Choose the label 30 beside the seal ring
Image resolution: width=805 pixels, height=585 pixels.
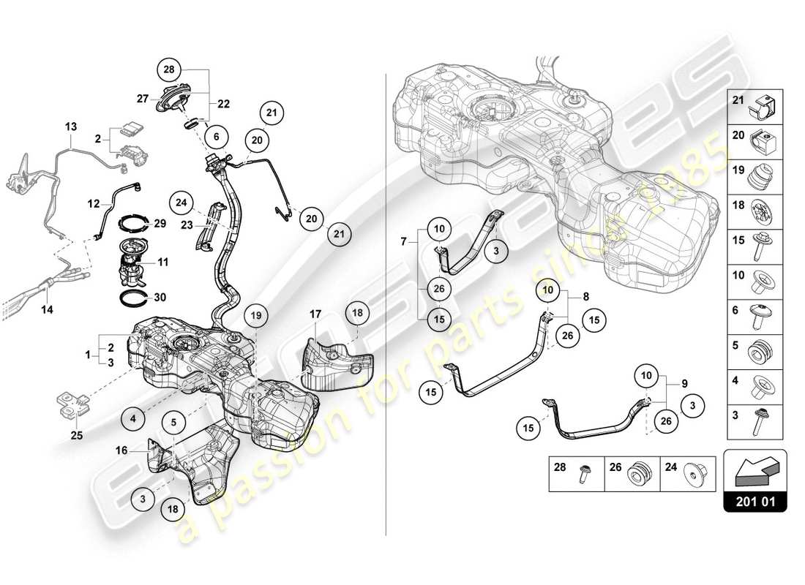click(x=160, y=297)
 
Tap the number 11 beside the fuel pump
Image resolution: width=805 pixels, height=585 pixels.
click(x=162, y=260)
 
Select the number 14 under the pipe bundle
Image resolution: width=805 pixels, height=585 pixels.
click(x=48, y=309)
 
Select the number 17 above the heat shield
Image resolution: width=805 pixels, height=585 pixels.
click(x=315, y=314)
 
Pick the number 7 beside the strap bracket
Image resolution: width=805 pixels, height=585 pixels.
click(x=403, y=241)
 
